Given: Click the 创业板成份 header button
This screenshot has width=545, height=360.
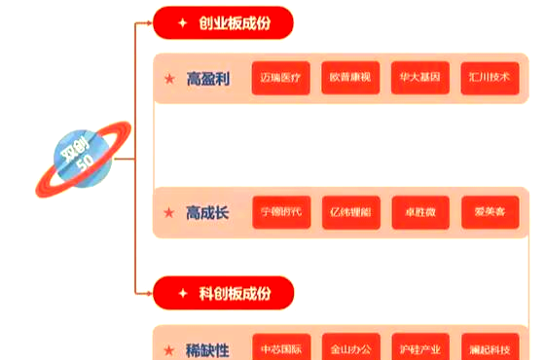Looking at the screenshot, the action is pyautogui.click(x=223, y=22).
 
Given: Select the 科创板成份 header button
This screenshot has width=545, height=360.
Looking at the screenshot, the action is pyautogui.click(x=223, y=292).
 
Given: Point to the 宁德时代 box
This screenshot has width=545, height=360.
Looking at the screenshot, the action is pyautogui.click(x=281, y=212).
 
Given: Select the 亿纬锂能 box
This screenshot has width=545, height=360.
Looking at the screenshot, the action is pyautogui.click(x=350, y=212).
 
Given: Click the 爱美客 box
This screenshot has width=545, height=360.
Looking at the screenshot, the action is pyautogui.click(x=490, y=212).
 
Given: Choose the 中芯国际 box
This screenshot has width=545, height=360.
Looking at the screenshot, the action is pyautogui.click(x=281, y=347).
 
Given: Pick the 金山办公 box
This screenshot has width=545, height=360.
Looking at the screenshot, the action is pyautogui.click(x=350, y=347).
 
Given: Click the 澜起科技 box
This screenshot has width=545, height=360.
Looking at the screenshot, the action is pyautogui.click(x=490, y=347).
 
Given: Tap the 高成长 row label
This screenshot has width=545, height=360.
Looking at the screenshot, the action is pyautogui.click(x=207, y=212).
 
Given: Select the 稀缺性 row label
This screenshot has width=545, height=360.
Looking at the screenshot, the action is pyautogui.click(x=207, y=348).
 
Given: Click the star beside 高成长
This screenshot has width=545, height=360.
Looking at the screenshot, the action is pyautogui.click(x=169, y=212).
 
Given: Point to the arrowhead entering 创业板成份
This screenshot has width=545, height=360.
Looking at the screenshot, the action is pyautogui.click(x=147, y=22).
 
